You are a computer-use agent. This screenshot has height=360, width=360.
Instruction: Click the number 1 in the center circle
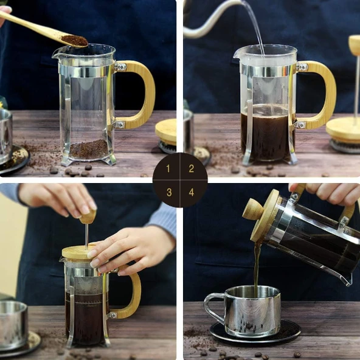pyautogui.click(x=169, y=169)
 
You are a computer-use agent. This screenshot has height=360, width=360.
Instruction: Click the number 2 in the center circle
pyautogui.click(x=191, y=169)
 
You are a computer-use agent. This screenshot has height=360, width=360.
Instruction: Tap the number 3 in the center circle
pyautogui.click(x=169, y=192)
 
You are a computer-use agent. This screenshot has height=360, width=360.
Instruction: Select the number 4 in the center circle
pyautogui.click(x=191, y=192)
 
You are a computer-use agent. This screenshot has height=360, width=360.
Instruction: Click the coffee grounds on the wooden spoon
pyautogui.click(x=74, y=40)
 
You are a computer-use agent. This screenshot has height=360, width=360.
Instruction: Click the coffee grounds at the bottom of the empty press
pyautogui.click(x=89, y=149)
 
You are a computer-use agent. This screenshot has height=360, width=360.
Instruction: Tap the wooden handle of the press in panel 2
pyautogui.click(x=322, y=91)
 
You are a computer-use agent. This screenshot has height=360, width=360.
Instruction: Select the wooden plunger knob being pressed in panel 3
pyautogui.click(x=88, y=216)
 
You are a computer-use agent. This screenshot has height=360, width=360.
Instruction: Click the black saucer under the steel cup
pyautogui.click(x=255, y=333)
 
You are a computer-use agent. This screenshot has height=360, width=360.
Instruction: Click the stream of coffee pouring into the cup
pyautogui.click(x=257, y=268)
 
